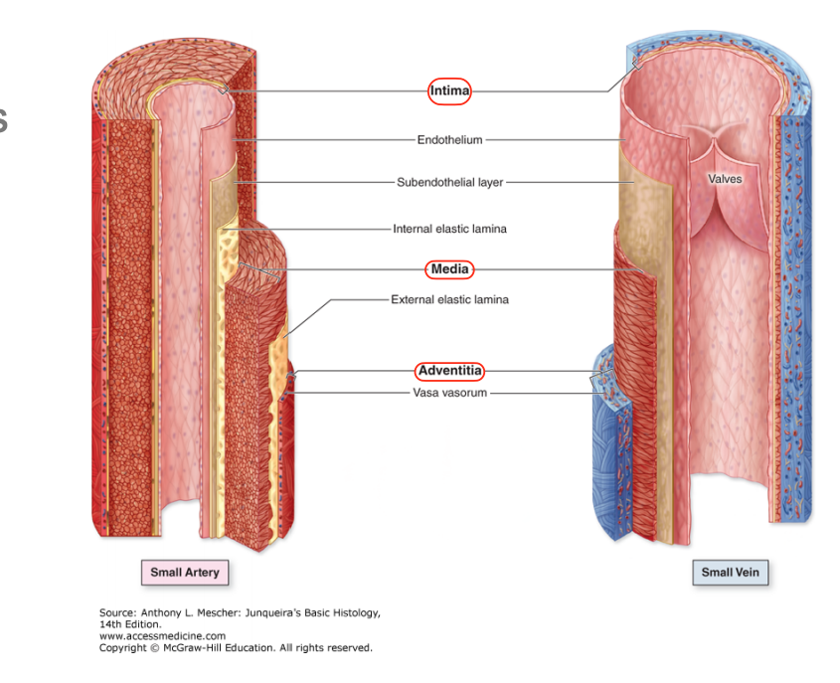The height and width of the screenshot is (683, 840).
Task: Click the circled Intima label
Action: (449, 91)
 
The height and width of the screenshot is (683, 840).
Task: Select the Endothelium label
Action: (449, 140)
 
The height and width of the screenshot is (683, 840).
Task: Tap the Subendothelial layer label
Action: (449, 183)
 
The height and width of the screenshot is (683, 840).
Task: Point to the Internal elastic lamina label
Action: (449, 229)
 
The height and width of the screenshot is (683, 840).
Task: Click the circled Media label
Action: (449, 269)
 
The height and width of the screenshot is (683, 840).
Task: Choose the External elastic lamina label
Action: (449, 299)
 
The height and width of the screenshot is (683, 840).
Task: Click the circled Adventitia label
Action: (449, 371)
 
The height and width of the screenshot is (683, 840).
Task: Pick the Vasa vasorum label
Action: (449, 393)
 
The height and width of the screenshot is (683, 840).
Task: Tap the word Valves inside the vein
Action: (725, 179)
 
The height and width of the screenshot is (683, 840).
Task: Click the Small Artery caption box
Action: (184, 573)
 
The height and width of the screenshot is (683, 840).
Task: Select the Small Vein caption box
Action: (731, 573)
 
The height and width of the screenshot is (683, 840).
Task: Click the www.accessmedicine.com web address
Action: (162, 635)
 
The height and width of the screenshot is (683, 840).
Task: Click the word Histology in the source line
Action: (353, 613)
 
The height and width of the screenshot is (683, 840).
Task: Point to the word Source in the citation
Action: (117, 613)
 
